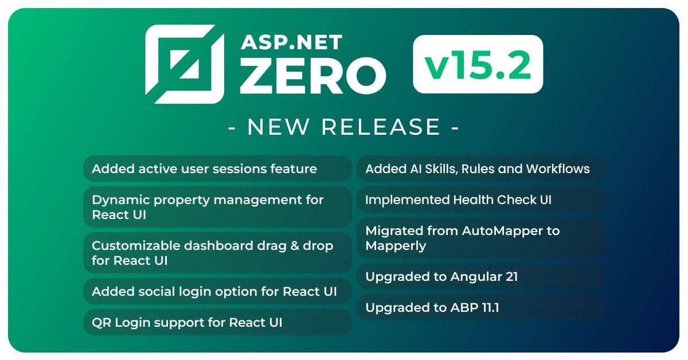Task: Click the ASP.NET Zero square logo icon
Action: coord(185,64)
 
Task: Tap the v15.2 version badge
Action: coord(478,64)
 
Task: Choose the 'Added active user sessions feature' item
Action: coord(217,169)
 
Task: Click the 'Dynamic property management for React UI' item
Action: coord(217,207)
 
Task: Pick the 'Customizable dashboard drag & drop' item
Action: coord(217,253)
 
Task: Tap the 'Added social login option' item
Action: coord(217,291)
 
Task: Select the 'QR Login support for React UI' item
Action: coord(217,322)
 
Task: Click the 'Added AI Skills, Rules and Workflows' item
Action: coord(480,169)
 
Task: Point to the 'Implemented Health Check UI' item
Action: coord(480,200)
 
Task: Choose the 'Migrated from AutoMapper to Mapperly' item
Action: coord(480,238)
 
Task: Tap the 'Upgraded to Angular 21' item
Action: coord(480,277)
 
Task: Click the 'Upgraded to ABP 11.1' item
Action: coord(480,308)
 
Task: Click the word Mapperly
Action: coord(396,246)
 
